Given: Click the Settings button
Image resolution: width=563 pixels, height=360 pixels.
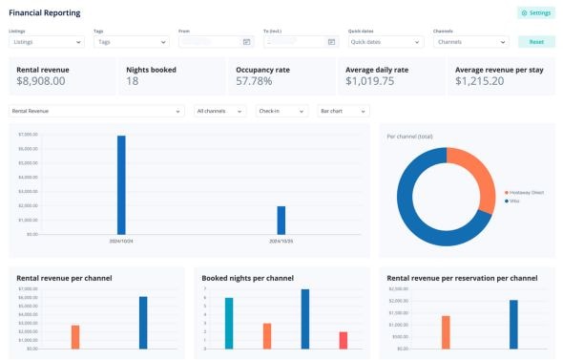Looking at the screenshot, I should click(535, 13).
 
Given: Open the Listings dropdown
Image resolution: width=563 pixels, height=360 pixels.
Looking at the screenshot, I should click(47, 42).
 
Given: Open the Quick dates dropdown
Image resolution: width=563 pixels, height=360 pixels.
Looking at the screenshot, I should click(385, 42).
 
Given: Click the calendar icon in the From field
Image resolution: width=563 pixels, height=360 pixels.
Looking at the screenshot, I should click(246, 42).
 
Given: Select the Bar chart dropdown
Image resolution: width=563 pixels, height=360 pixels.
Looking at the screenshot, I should click(339, 112).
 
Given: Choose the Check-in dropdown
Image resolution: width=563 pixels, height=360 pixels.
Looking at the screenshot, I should click(281, 112).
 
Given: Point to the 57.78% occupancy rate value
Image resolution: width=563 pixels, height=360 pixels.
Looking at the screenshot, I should click(260, 82).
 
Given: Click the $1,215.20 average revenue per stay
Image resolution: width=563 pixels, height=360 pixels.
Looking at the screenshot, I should click(486, 82).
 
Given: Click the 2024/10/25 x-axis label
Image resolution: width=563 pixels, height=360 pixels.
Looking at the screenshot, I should click(281, 241).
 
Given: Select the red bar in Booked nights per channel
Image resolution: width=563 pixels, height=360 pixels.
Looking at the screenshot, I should click(343, 340).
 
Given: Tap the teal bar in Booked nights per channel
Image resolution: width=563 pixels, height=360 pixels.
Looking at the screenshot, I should click(229, 323).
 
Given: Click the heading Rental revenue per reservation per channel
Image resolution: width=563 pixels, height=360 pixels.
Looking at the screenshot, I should click(462, 278).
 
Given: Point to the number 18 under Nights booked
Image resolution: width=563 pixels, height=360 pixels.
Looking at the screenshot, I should click(134, 82).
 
